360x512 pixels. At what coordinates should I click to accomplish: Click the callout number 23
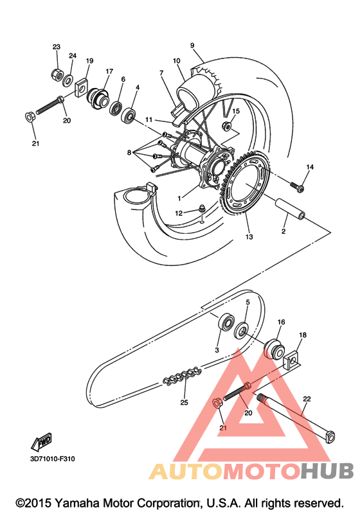click(x=57, y=47)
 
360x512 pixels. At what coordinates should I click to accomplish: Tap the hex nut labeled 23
click(x=57, y=74)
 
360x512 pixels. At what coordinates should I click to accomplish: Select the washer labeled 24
click(x=68, y=81)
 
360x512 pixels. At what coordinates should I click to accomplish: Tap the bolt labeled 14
click(x=297, y=187)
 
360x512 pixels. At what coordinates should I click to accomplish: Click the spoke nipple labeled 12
click(x=202, y=209)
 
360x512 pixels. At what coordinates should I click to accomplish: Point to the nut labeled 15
click(x=226, y=125)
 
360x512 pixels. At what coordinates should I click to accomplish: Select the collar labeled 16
click(x=273, y=349)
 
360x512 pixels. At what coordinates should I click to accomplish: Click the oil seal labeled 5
click(x=242, y=331)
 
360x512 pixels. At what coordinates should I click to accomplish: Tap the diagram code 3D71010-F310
click(x=53, y=459)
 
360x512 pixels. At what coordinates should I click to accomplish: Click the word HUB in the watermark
click(x=327, y=470)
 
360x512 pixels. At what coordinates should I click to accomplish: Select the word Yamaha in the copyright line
click(x=76, y=503)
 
